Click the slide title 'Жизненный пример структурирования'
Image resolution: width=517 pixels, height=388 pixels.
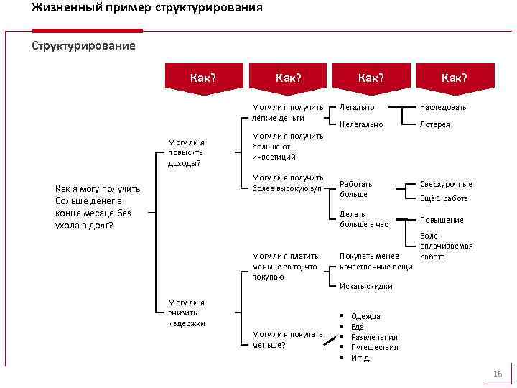pos(147,9)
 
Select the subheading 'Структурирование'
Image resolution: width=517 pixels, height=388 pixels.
pos(83,46)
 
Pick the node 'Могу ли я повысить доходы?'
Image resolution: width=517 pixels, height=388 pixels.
pos(185,152)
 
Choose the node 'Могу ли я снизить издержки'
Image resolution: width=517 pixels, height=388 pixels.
pos(186,313)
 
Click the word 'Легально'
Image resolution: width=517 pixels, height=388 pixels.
pos(356,107)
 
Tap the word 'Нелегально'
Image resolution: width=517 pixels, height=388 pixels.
pos(361,124)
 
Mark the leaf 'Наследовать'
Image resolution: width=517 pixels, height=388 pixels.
pos(442,107)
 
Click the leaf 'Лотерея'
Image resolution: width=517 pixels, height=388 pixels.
pos(434,124)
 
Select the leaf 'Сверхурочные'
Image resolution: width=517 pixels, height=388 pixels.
pos(446,184)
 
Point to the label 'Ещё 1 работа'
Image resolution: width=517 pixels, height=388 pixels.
pos(444,199)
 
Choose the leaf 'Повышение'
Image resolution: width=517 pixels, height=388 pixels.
pos(442,220)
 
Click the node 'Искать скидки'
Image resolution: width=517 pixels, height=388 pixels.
pos(365,286)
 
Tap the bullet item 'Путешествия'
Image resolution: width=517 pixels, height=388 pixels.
pos(374,347)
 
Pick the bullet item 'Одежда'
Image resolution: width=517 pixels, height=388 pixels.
pos(365,316)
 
